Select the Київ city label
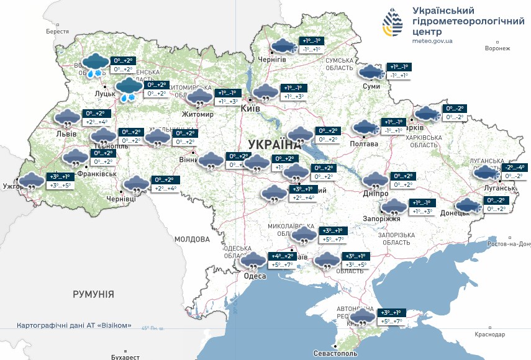250,109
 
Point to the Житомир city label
197,115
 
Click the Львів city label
66,133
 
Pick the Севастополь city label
335,353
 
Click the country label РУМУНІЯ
93,294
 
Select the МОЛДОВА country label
192,239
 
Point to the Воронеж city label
497,48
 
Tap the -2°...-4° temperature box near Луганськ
515,167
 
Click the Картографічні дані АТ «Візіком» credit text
74,325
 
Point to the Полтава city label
364,143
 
